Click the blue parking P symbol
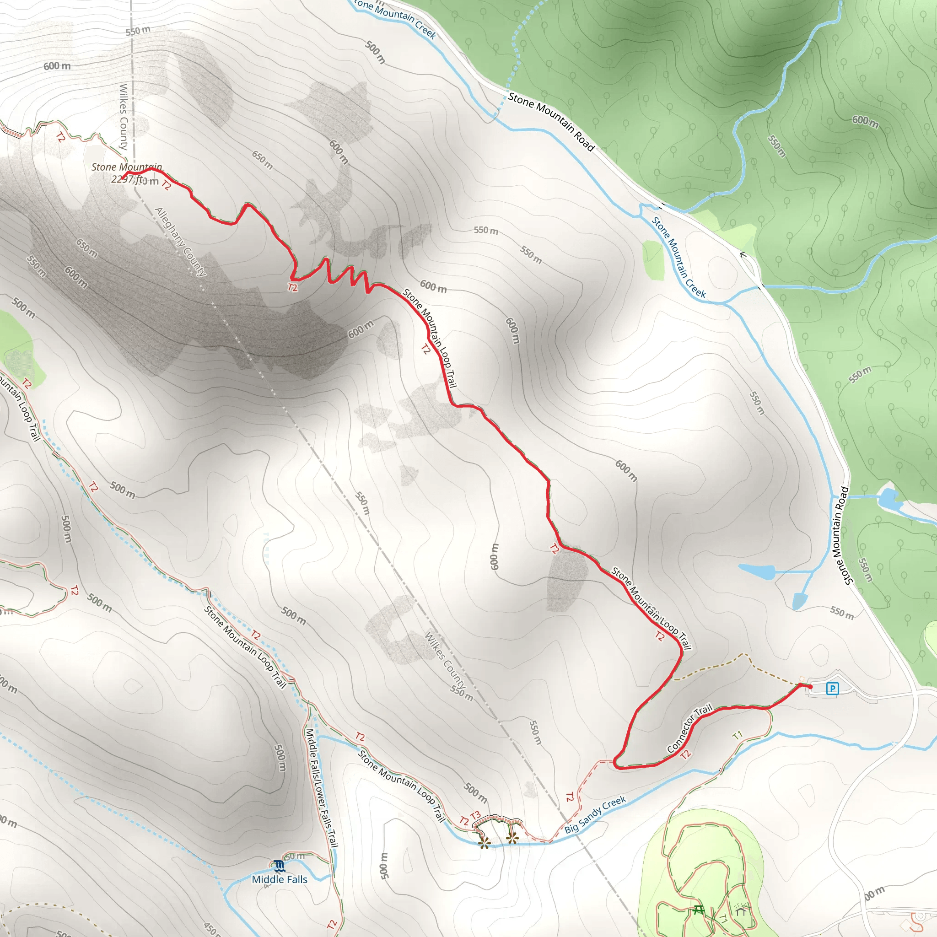pyautogui.click(x=832, y=688)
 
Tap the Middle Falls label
pyautogui.click(x=280, y=879)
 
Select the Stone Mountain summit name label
pyautogui.click(x=127, y=167)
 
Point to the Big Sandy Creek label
pyautogui.click(x=595, y=814)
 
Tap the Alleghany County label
pyautogui.click(x=180, y=242)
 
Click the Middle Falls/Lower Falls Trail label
pyautogui.click(x=321, y=788)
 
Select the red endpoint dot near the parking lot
pyautogui.click(x=810, y=687)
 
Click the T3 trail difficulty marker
pyautogui.click(x=475, y=815)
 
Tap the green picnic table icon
pyautogui.click(x=698, y=910)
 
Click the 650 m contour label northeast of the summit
pyautogui.click(x=262, y=160)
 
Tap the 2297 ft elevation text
pyautogui.click(x=129, y=179)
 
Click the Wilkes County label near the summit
pyautogui.click(x=124, y=116)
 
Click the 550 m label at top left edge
pyautogui.click(x=138, y=31)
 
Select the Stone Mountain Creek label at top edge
pyautogui.click(x=395, y=17)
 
